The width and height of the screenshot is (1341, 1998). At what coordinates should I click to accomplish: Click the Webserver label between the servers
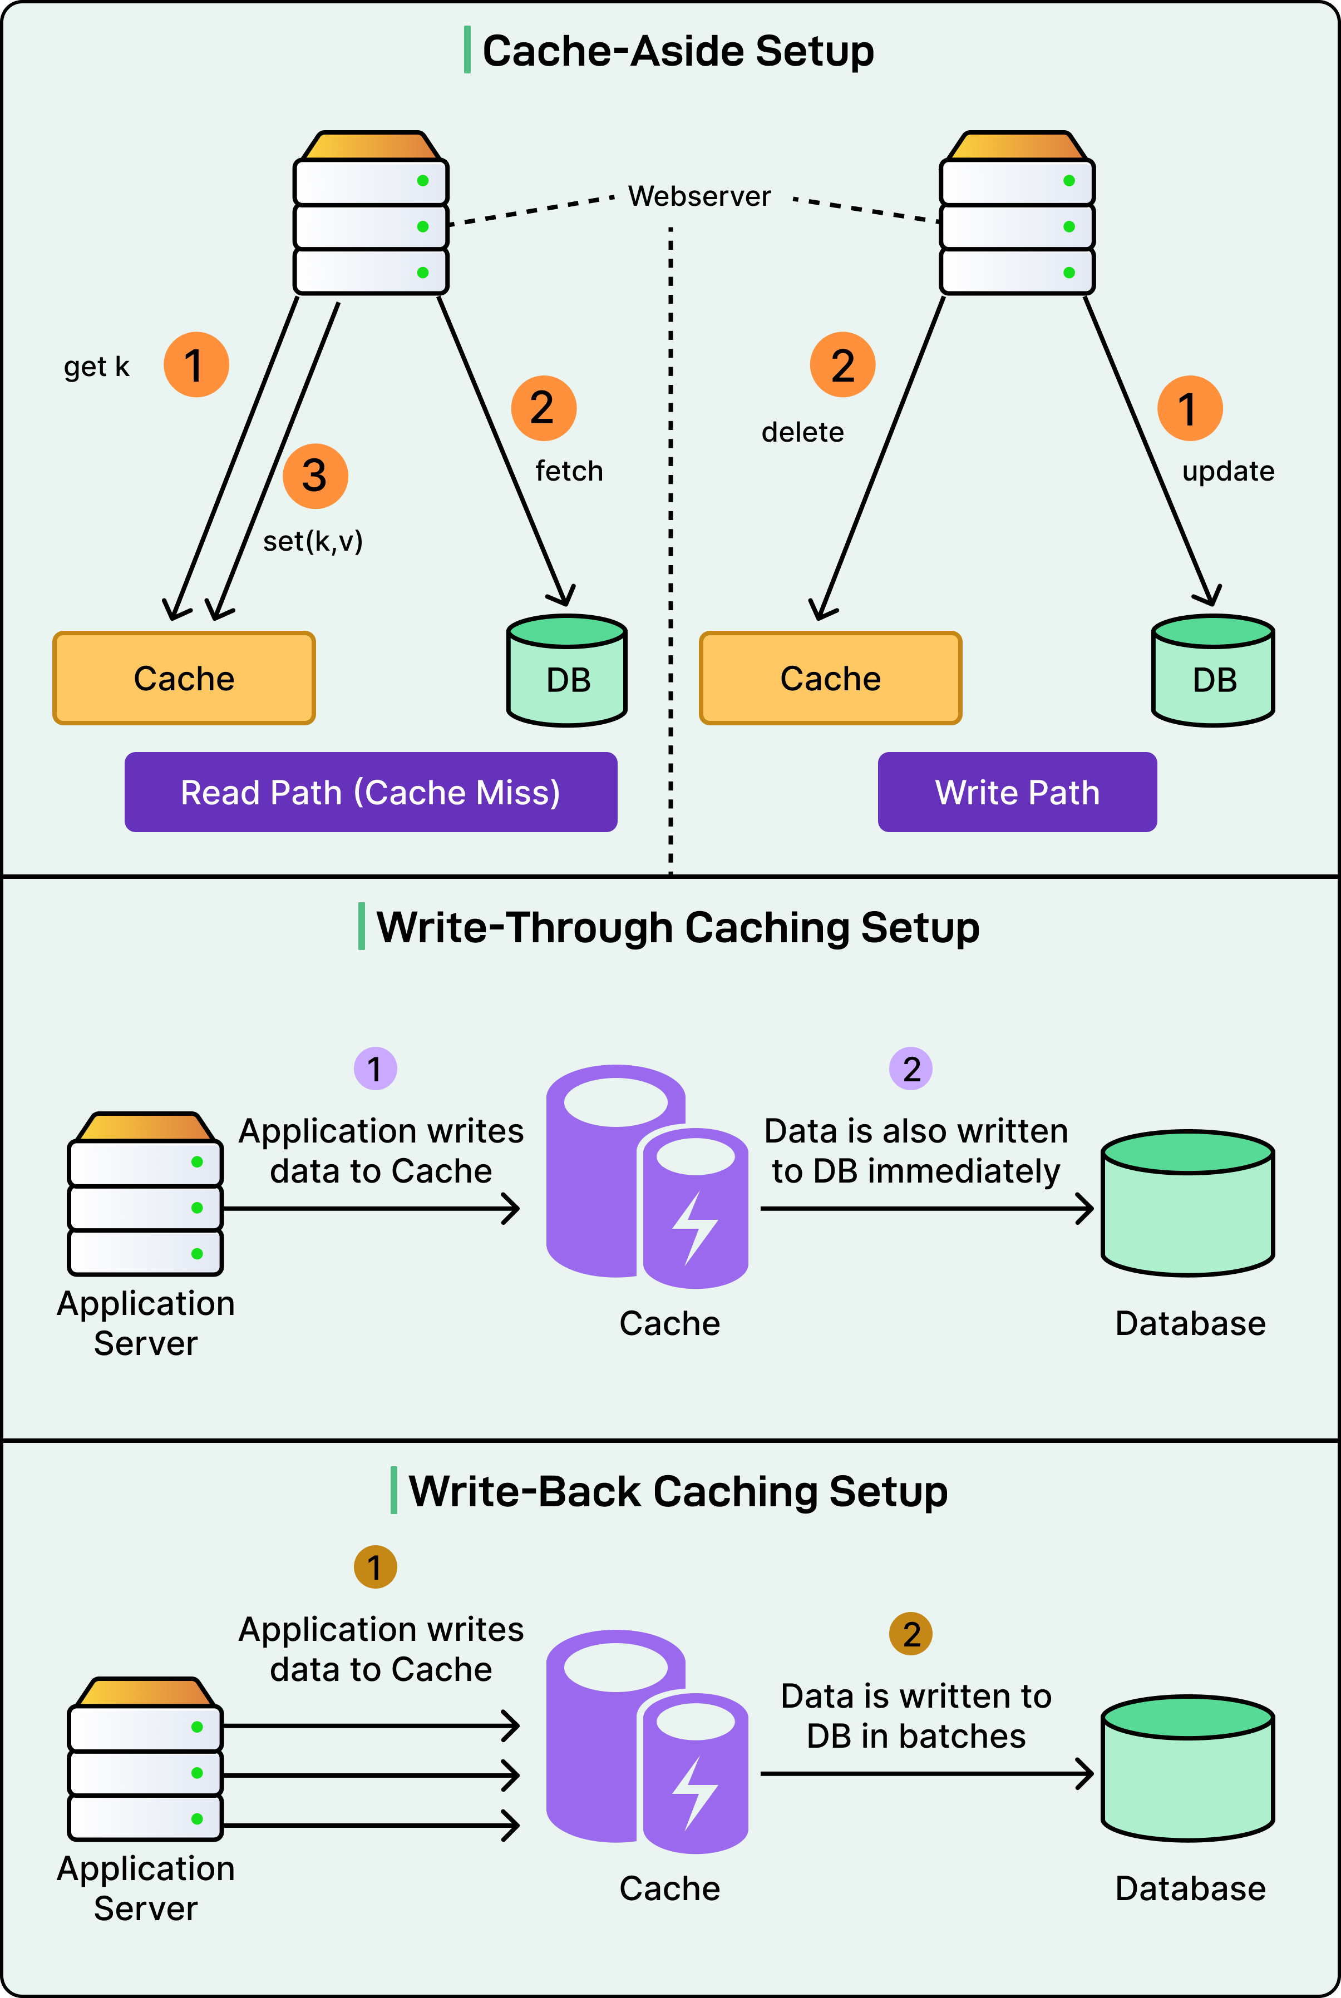click(x=699, y=197)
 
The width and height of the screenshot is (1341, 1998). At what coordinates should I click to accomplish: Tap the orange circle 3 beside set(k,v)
click(x=315, y=476)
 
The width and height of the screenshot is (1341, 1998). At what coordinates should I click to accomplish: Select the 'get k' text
click(x=97, y=367)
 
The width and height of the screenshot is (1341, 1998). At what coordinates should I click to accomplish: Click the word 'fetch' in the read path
click(x=569, y=471)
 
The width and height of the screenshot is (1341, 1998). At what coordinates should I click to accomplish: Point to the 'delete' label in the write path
click(x=802, y=433)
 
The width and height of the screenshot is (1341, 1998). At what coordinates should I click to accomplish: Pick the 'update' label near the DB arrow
click(x=1227, y=471)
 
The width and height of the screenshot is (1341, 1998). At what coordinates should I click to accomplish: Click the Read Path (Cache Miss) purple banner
click(x=371, y=793)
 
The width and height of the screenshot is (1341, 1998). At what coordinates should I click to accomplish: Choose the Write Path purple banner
click(x=1017, y=793)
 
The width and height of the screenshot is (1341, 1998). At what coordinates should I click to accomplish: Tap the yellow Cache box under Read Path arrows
click(x=184, y=679)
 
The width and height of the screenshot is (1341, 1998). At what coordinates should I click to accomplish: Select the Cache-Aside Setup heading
click(x=677, y=51)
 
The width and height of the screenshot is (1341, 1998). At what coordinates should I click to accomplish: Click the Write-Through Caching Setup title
click(x=677, y=928)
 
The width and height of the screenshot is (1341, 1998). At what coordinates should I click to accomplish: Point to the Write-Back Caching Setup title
click(x=677, y=1492)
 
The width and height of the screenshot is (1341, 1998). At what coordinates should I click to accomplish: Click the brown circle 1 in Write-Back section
click(x=374, y=1567)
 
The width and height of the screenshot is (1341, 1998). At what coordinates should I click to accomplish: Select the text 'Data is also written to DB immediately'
click(x=915, y=1151)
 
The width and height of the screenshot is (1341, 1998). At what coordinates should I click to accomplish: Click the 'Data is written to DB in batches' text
click(x=915, y=1716)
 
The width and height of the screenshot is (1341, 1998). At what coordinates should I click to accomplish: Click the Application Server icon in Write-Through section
click(x=145, y=1194)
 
